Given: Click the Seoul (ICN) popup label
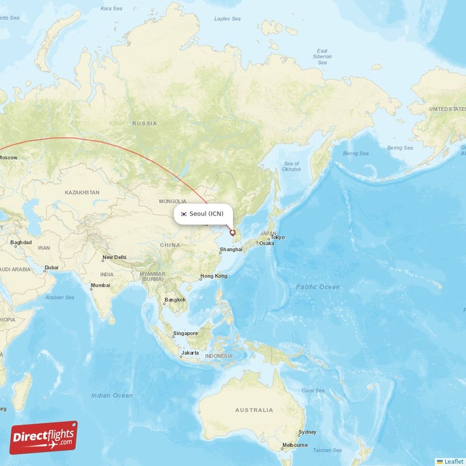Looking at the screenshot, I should pos(206,214).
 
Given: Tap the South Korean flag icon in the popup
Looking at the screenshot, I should pos(183,214).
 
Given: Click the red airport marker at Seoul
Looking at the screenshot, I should pos(232,232).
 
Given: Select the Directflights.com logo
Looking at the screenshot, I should pos(44,437).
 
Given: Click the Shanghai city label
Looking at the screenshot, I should pos(231,250).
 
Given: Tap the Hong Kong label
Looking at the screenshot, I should pos(214,276).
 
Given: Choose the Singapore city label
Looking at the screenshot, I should pos(185,334).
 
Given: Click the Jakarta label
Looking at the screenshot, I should pos(190,353).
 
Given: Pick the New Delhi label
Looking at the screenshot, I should pos(114,257).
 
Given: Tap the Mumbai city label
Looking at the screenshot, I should pos(100,286).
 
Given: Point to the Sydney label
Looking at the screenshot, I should pos(307,432).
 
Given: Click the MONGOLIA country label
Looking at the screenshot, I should pos(173,202).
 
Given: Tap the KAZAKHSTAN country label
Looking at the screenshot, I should pos(82,192).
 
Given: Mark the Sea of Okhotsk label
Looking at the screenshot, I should pos(291,167).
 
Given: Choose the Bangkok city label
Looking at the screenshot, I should pos(175,300).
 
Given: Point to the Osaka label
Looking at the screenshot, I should pos(266,243).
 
